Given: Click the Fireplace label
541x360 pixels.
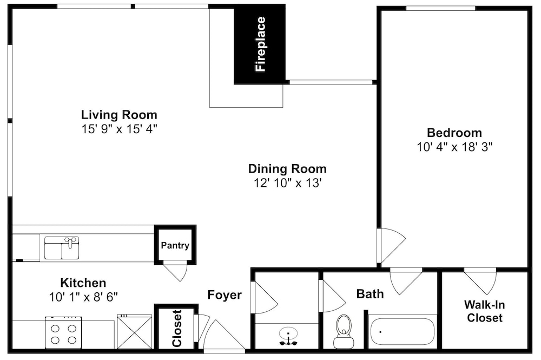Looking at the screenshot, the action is (261, 44).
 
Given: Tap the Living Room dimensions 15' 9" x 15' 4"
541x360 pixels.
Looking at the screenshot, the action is (120, 129).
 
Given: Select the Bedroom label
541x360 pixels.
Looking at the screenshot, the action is (454, 133).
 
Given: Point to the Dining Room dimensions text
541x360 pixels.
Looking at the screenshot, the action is (288, 182).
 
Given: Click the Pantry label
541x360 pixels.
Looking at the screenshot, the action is (175, 245).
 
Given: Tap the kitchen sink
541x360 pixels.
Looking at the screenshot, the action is (62, 247).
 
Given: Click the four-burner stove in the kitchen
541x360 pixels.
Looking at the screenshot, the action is (63, 332).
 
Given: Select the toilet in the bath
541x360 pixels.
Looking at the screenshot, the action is (344, 331).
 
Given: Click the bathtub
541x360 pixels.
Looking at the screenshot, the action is (403, 331).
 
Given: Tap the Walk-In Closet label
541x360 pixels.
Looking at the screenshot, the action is (484, 311).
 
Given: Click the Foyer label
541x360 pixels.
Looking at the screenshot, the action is (225, 294).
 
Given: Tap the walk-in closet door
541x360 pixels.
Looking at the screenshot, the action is (480, 280).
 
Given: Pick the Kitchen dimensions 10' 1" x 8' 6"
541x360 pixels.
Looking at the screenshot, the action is (83, 297).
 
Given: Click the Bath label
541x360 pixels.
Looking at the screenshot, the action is (370, 294).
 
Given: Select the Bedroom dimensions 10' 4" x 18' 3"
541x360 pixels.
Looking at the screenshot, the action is (454, 147).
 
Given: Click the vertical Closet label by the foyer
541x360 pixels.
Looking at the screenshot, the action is (177, 328).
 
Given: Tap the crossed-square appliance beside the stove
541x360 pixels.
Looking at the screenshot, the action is (134, 332).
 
